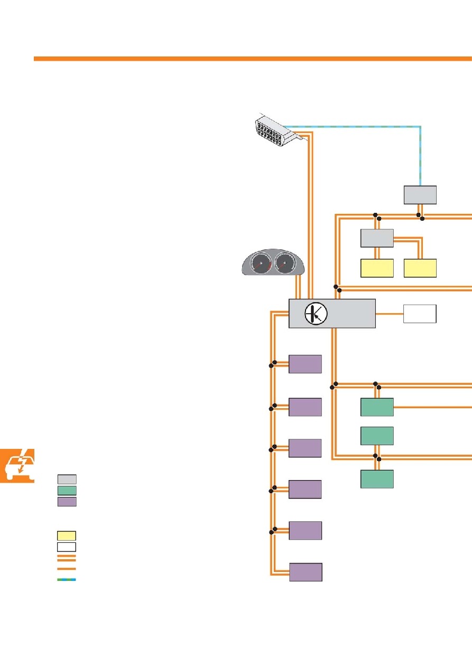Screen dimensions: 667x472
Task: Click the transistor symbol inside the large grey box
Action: (316, 314)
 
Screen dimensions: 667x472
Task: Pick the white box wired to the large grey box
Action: (420, 314)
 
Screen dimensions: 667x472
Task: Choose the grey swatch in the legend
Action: (67, 479)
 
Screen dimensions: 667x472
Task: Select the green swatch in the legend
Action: (67, 491)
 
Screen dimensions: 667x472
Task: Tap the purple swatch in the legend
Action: (67, 502)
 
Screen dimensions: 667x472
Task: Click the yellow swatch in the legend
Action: (67, 536)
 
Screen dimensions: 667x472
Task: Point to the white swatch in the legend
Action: (67, 547)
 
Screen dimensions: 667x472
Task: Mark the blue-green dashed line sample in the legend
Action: (67, 580)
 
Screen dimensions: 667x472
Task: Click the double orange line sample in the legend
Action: (67, 558)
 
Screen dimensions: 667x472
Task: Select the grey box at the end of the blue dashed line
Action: (420, 195)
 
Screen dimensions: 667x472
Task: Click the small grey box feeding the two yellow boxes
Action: (377, 238)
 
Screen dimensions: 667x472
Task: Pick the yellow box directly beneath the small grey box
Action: (377, 268)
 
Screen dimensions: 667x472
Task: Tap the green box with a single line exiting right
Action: (377, 407)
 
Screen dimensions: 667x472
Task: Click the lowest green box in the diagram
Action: (377, 478)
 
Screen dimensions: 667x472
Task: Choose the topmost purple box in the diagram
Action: (306, 364)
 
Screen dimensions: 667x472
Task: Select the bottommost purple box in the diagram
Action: (306, 572)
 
